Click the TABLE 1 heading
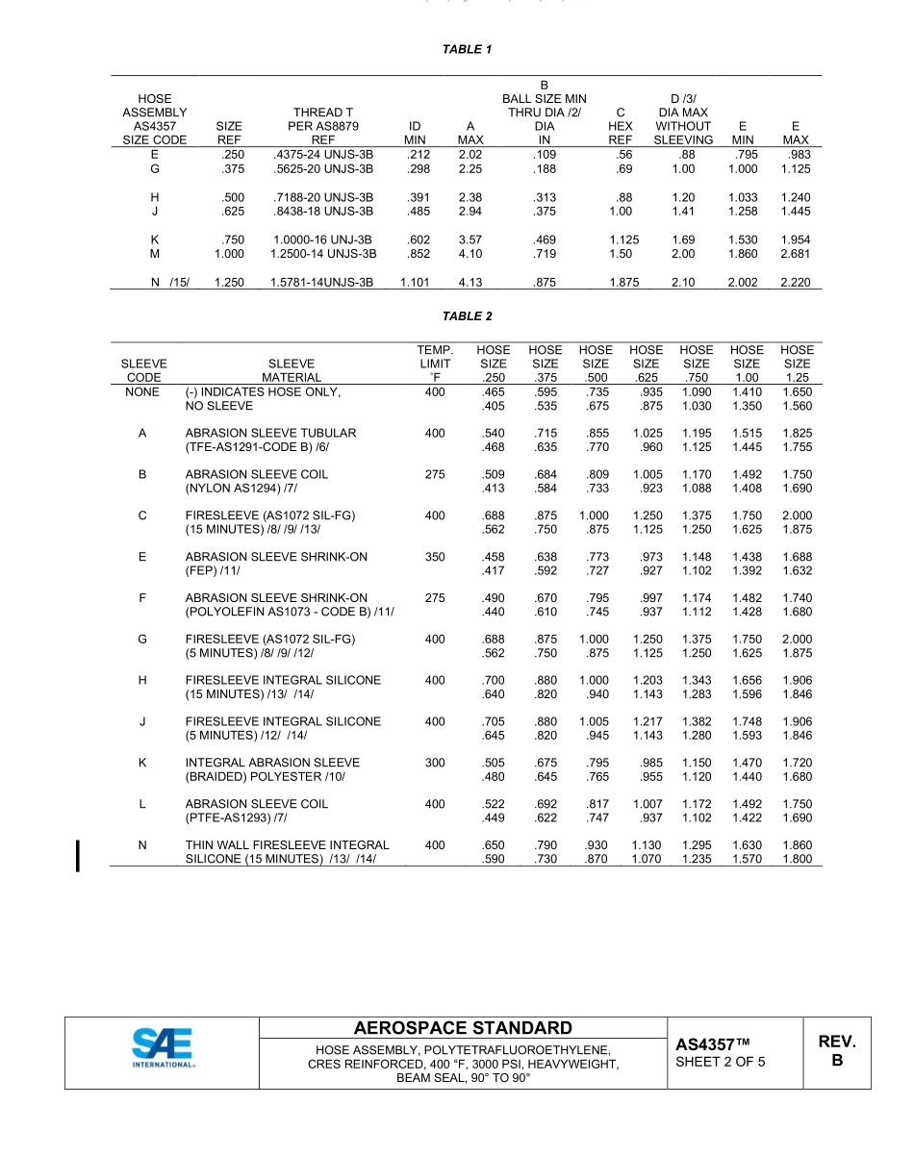tap(467, 49)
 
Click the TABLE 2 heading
tap(467, 316)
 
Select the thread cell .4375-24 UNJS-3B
tap(323, 154)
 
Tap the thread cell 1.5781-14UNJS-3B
tap(322, 283)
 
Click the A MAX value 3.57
tap(470, 239)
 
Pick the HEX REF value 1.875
tap(623, 283)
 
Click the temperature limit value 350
tap(435, 557)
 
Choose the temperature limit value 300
tap(435, 763)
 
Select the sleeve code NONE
tap(142, 392)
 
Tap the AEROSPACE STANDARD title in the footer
tap(463, 1028)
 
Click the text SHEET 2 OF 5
tap(721, 1062)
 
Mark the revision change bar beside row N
tap(78, 854)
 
